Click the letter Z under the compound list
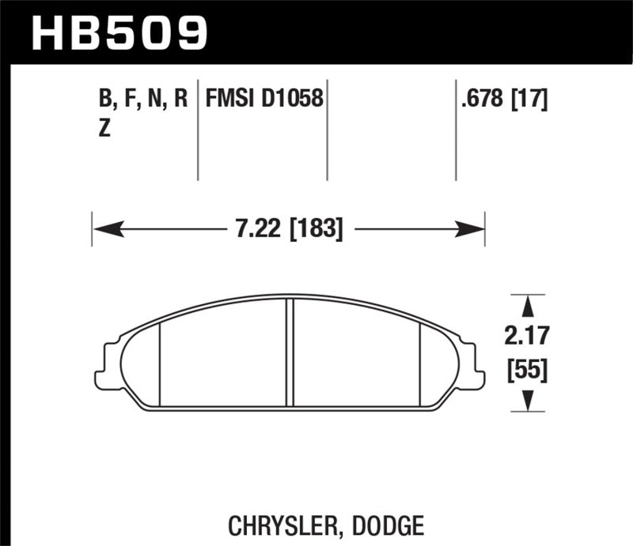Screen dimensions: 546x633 pos(104,131)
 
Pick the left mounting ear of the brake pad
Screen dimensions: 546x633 pos(106,364)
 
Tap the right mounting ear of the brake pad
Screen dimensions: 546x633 pos(474,364)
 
